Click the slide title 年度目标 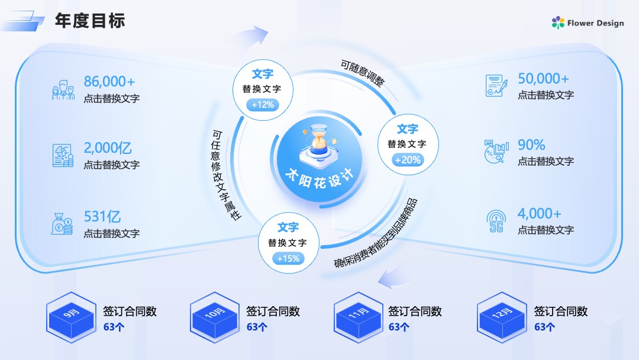pos(90,20)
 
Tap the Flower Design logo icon pos(558,22)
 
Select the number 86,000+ pos(109,82)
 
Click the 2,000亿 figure pos(108,147)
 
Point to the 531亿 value pos(102,217)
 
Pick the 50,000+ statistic pos(543,78)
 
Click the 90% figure pos(531,144)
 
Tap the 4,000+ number pos(539,213)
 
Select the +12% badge pos(263,105)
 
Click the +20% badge pos(408,160)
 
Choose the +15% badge pos(289,259)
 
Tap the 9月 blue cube pos(72,317)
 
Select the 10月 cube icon pos(215,317)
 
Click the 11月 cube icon pos(358,317)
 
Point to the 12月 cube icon pos(502,317)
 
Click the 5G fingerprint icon pos(496,221)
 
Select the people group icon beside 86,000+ pos(63,90)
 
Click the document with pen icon pos(496,86)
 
